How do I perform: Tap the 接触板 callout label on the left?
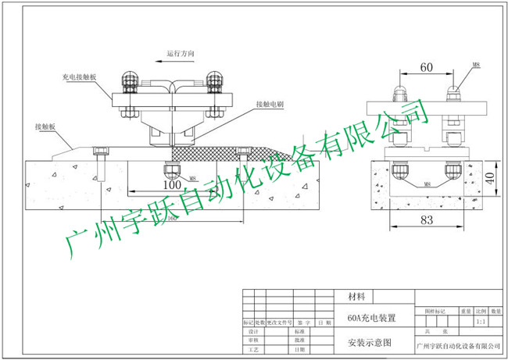(x=45, y=125)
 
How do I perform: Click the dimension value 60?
(x=427, y=68)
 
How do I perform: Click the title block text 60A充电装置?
(x=371, y=318)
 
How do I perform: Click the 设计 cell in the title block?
(x=252, y=331)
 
